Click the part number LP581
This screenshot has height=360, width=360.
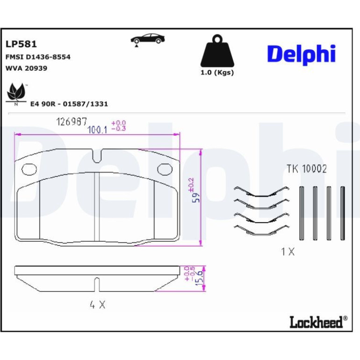coord(21,44)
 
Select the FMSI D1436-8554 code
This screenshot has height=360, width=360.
coord(38,57)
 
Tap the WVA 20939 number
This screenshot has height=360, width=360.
coord(26,68)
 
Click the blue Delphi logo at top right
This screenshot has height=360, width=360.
coord(301,54)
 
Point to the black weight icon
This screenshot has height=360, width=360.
coord(217,51)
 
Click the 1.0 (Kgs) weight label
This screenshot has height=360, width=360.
coord(217,72)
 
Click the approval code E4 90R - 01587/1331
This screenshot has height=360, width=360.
coord(69,104)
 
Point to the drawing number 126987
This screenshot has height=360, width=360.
coord(72,122)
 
